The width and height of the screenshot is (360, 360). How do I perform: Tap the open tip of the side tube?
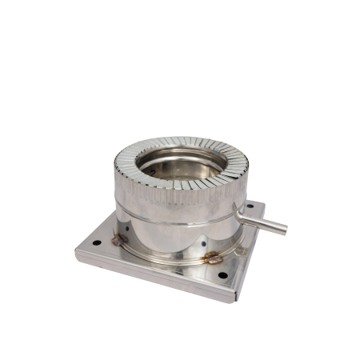point(283,230)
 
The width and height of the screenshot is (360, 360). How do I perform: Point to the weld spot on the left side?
point(118,238)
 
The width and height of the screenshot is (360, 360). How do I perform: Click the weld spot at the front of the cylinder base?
point(214,258)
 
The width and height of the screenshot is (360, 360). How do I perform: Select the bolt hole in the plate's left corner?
point(96,242)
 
